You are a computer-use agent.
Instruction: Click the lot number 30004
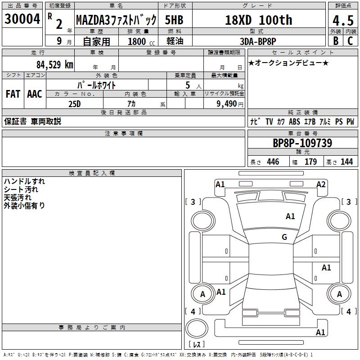pos(22,19)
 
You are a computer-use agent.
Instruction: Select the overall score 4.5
pos(342,20)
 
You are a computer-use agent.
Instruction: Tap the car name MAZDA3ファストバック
pos(116,20)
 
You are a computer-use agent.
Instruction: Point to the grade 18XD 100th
pos(258,20)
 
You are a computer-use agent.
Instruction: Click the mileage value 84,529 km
pos(54,64)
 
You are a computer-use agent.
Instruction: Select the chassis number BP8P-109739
pos(302,143)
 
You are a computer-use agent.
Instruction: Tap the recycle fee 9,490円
pos(229,104)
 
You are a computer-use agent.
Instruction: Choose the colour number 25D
pos(74,104)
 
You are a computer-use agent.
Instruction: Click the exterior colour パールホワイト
pos(97,85)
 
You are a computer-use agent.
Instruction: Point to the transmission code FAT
pos(13,94)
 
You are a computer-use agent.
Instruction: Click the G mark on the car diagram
pos(284,237)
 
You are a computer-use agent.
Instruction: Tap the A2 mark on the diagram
pos(321,184)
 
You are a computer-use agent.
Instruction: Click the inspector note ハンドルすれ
pos(24,181)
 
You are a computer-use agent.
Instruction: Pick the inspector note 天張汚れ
pos(18,198)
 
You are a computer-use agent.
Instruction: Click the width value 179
pos(310,162)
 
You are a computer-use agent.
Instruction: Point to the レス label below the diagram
pos(196,345)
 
